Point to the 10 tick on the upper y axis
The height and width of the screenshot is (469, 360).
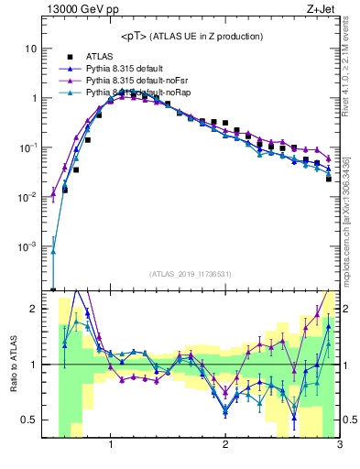point(29,48)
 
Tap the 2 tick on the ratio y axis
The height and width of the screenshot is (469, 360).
point(31,309)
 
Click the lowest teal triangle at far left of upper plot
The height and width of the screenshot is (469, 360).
point(53,252)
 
